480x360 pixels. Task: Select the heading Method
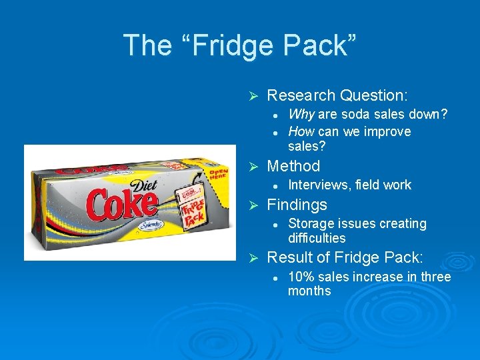293,166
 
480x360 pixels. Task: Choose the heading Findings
297,205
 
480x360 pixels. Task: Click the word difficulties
317,238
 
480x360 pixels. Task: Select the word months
309,291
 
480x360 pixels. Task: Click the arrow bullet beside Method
253,166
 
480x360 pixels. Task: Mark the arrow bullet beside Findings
253,205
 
